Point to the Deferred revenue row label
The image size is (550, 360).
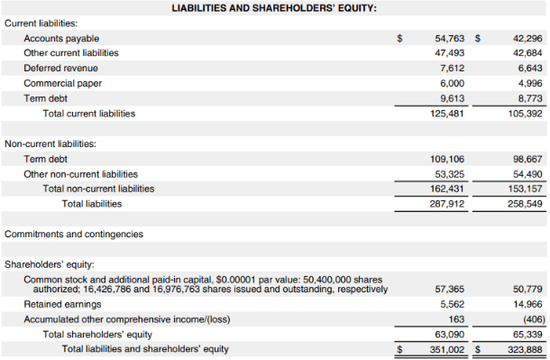pos(60,68)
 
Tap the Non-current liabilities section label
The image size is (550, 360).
pos(50,143)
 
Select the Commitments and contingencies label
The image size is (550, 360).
pos(74,234)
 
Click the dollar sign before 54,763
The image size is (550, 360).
pos(400,39)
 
